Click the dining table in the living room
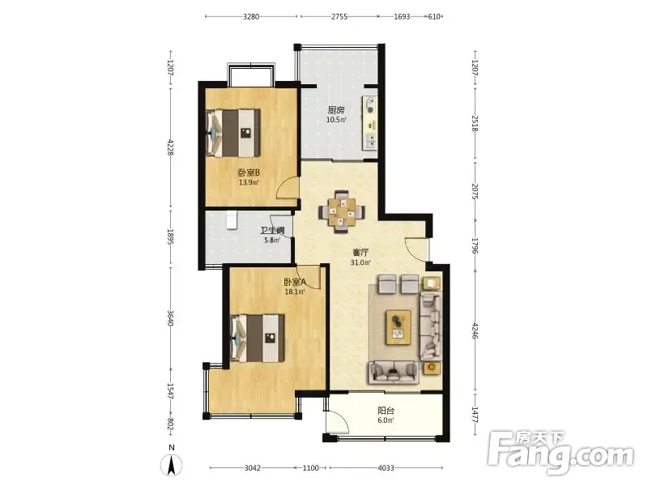[x=342, y=212]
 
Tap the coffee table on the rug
[x=399, y=327]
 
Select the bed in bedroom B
[x=233, y=133]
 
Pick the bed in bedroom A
[x=258, y=339]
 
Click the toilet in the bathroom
[x=232, y=220]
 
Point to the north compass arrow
[x=172, y=463]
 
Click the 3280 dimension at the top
[x=251, y=16]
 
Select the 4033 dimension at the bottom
[x=386, y=468]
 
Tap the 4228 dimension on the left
[x=170, y=147]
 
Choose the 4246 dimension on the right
[x=475, y=330]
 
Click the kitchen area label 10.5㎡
[x=336, y=120]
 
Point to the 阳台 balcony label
[x=386, y=411]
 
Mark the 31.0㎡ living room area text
[x=360, y=262]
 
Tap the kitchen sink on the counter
[x=370, y=140]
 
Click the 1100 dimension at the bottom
[x=311, y=468]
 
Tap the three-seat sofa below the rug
[x=394, y=371]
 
